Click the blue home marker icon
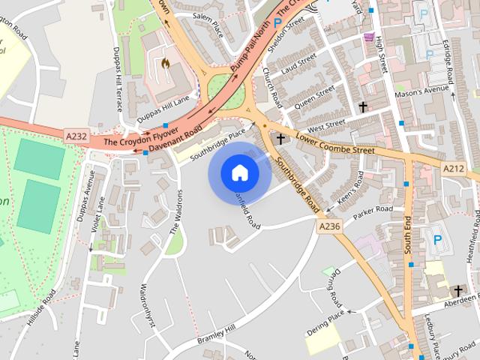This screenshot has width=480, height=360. pos(240,173)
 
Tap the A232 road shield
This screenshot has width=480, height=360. pos(76,136)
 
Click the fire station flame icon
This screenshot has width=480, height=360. pos(163,63)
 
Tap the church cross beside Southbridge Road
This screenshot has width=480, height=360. pos(281,139)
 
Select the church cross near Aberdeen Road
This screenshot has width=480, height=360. pos(457,290)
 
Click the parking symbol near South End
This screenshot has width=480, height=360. pos(436,240)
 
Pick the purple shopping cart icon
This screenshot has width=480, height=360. pos(368,37)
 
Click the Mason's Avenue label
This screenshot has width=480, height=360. pos(427,91)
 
